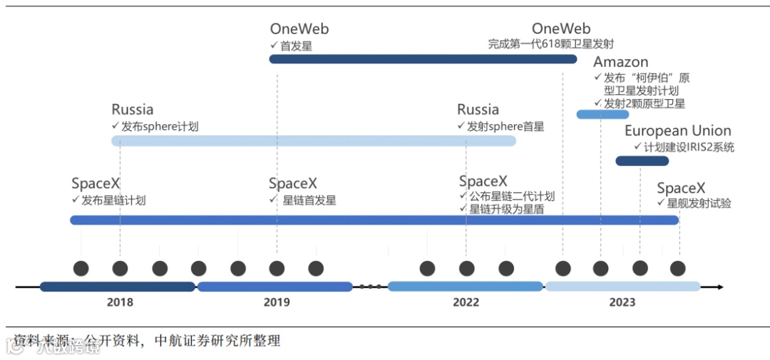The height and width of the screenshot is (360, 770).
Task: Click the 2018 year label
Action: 120,302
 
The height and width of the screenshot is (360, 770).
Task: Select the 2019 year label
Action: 277,302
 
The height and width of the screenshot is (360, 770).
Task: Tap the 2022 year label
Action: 466,302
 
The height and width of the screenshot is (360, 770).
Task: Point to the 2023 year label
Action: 622,302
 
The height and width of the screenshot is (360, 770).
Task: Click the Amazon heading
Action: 620,62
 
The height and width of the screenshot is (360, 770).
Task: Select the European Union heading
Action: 677,131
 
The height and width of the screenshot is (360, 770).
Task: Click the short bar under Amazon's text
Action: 602,114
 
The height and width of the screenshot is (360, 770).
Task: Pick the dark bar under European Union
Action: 642,161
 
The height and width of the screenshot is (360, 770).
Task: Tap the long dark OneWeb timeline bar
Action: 422,59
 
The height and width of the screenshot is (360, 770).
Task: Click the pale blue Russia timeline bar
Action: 314,141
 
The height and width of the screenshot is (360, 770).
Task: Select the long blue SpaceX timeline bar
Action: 374,220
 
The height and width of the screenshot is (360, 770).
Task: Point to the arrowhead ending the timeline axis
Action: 720,287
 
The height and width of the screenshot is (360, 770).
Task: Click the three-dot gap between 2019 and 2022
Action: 370,287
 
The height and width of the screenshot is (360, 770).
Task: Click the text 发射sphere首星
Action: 505,127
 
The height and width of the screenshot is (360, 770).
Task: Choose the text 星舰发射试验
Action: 699,204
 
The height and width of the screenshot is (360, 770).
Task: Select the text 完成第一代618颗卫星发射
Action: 551,44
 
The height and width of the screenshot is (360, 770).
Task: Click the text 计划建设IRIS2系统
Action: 689,148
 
